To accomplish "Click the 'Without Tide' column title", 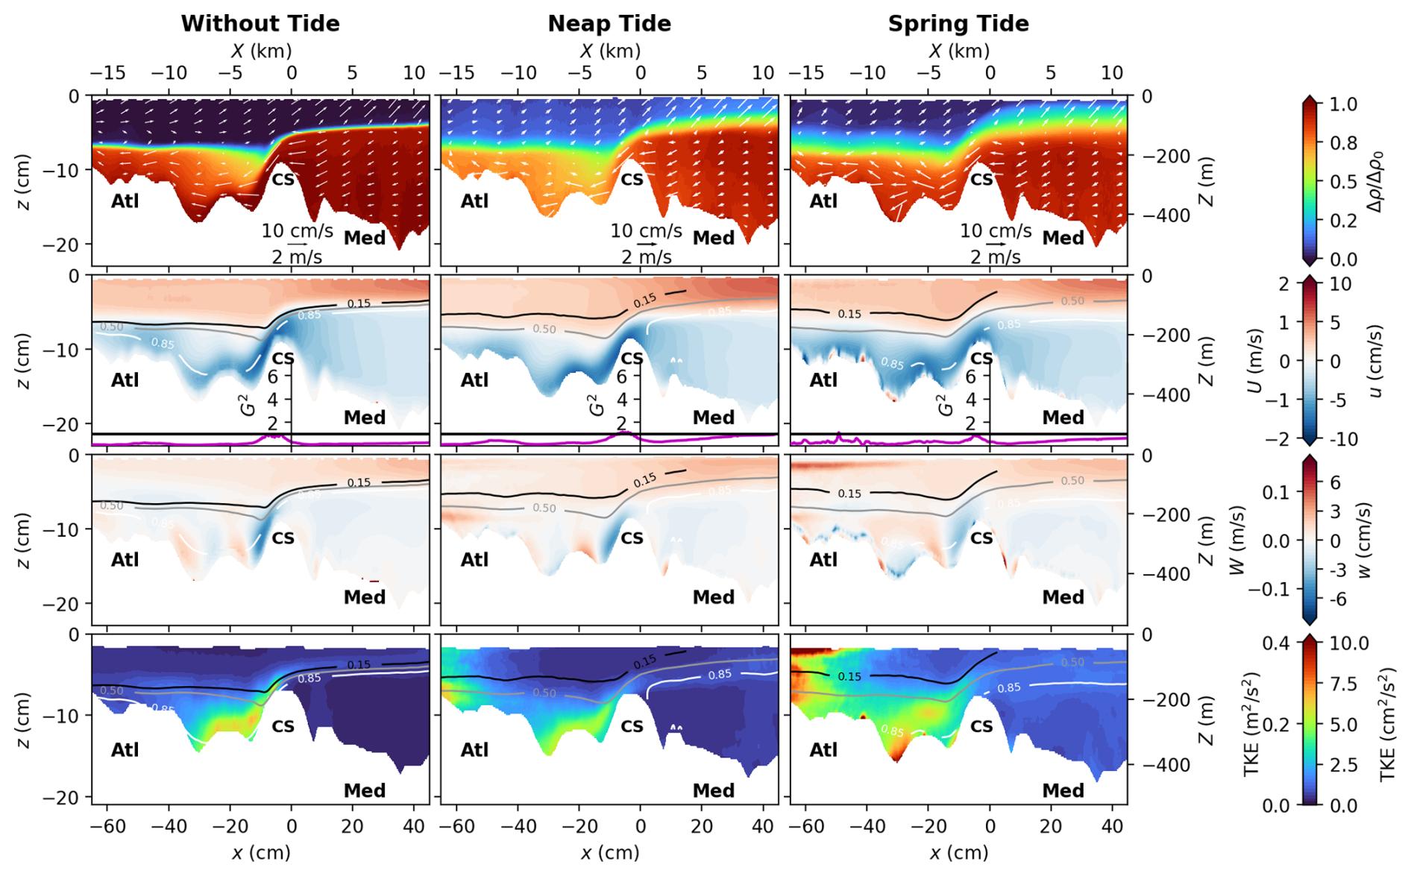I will click(x=260, y=24).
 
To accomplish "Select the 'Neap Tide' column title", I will click(x=609, y=24).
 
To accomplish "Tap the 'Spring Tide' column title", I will click(x=958, y=24).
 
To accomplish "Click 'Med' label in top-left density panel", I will click(x=365, y=238).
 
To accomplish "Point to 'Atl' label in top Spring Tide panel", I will click(x=823, y=201).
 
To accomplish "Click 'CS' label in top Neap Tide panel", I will click(x=632, y=180).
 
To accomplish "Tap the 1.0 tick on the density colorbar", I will click(x=1343, y=104).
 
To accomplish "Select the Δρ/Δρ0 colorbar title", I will click(x=1377, y=181).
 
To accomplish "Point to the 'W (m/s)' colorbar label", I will click(x=1237, y=540).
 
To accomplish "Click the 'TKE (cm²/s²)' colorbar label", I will click(x=1387, y=724).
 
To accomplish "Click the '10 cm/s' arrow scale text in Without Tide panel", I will click(x=297, y=231).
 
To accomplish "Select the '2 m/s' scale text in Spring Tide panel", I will click(x=996, y=257).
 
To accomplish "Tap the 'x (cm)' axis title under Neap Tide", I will click(x=609, y=852).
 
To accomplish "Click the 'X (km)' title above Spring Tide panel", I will click(x=959, y=51).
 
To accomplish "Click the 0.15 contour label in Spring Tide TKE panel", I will click(x=849, y=676).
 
